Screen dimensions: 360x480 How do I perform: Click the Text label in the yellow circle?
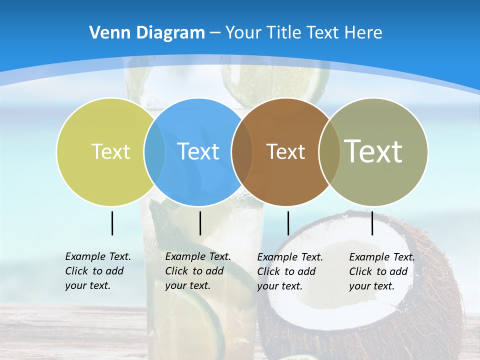tap(110, 151)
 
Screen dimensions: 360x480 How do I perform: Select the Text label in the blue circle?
tap(198, 151)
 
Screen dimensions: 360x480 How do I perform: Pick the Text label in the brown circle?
tap(285, 151)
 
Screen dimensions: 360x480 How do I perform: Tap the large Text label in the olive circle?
tap(373, 151)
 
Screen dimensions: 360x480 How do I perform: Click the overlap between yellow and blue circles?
tap(154, 151)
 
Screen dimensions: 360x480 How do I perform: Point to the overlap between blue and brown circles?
tap(242, 151)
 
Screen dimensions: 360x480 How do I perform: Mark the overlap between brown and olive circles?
tap(329, 151)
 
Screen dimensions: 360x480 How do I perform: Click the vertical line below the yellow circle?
tap(112, 223)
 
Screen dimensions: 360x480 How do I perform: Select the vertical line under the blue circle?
tap(200, 223)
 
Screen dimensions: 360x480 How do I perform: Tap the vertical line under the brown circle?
tap(288, 223)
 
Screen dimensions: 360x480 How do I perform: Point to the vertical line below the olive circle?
tap(372, 223)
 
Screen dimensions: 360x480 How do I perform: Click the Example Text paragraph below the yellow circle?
tap(97, 271)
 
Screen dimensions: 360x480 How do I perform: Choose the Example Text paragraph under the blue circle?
tap(197, 271)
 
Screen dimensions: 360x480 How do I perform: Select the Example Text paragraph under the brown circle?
tap(289, 271)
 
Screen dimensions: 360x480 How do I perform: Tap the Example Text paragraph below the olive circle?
tap(381, 271)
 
